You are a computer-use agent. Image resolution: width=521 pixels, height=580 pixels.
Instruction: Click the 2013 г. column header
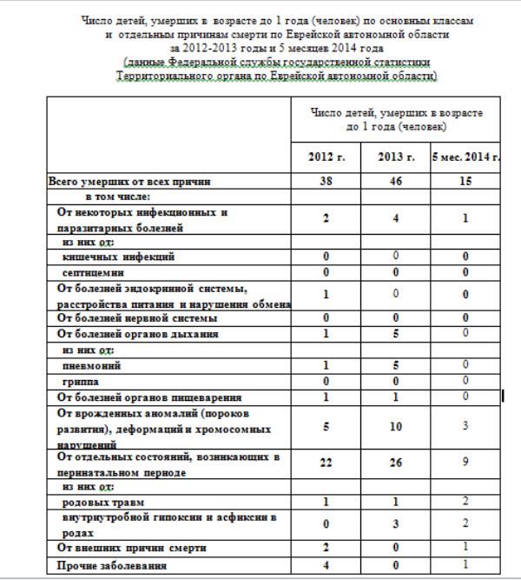click(x=395, y=157)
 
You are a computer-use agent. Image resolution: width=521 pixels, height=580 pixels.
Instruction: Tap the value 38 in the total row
click(x=326, y=183)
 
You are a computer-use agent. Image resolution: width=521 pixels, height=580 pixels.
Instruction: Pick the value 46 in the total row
click(x=395, y=183)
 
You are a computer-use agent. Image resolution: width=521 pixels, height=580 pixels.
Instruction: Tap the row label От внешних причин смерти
click(x=131, y=549)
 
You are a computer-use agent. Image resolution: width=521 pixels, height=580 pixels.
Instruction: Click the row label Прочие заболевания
click(x=113, y=565)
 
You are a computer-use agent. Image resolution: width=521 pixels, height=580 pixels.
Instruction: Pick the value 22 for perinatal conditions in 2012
click(x=326, y=463)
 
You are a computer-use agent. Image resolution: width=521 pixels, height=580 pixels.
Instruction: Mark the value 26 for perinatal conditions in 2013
click(x=395, y=463)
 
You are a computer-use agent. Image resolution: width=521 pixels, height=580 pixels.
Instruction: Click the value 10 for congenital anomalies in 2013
click(x=395, y=426)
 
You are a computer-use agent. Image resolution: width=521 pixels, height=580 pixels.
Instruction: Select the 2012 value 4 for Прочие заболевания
click(x=326, y=565)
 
